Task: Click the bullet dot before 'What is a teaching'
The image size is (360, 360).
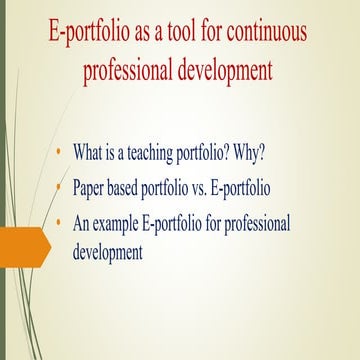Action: (x=61, y=151)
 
